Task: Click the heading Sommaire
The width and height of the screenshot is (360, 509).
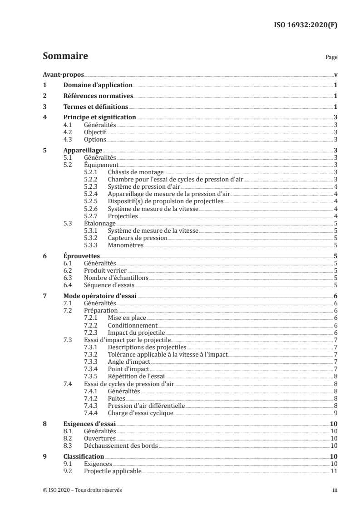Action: point(65,57)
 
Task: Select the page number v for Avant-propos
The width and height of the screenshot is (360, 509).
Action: point(335,74)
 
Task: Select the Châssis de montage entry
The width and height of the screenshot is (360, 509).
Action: point(136,172)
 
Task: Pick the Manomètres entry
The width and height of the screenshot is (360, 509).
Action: point(126,245)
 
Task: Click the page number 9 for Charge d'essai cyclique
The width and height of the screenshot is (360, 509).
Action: point(335,413)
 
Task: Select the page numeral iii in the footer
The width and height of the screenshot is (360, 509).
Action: point(335,490)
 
